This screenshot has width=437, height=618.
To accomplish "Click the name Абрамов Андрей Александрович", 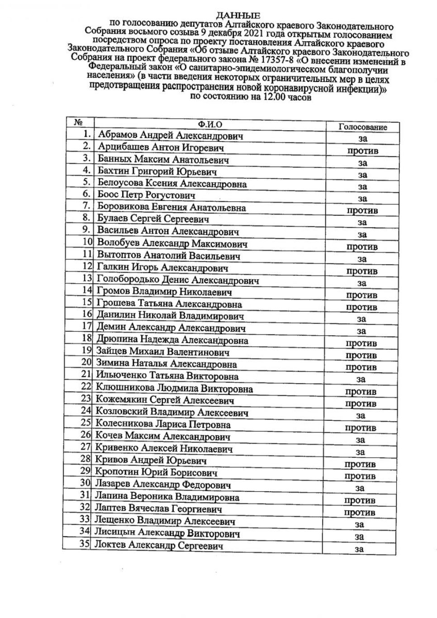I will (x=171, y=135).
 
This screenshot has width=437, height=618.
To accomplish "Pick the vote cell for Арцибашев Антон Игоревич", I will (x=362, y=151).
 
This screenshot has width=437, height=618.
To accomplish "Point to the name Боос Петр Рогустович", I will (x=146, y=195).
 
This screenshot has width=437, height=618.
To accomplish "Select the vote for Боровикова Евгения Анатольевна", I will (x=362, y=210).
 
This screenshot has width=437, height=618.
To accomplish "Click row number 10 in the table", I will (x=87, y=242).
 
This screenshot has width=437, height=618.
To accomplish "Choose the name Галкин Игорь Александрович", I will (x=162, y=267).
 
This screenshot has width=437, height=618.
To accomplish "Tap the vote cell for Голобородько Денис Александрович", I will (x=362, y=283).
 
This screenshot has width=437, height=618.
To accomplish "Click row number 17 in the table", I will (x=87, y=326).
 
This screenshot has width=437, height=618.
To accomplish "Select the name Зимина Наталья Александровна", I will (x=166, y=363).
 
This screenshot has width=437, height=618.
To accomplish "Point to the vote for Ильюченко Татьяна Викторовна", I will (x=361, y=380).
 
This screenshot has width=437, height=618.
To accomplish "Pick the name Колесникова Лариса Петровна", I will (x=162, y=424).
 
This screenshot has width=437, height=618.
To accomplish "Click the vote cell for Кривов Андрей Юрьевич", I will (x=360, y=464).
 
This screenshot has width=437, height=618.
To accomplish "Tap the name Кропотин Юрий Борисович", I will (x=156, y=472).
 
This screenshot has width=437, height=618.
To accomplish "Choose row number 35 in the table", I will (x=85, y=543).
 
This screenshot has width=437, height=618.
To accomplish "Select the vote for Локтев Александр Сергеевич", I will (x=359, y=549).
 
